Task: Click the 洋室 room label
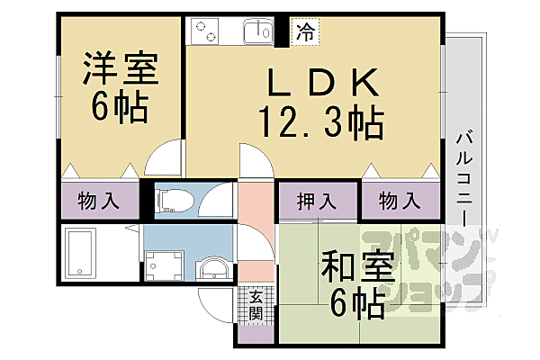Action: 121,68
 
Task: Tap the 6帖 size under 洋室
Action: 121,106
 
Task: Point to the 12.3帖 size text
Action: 320,121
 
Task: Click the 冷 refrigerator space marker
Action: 306,32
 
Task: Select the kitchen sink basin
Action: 257,31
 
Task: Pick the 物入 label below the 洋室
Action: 99,200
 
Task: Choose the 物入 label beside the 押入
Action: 398,201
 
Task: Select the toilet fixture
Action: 177,199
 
